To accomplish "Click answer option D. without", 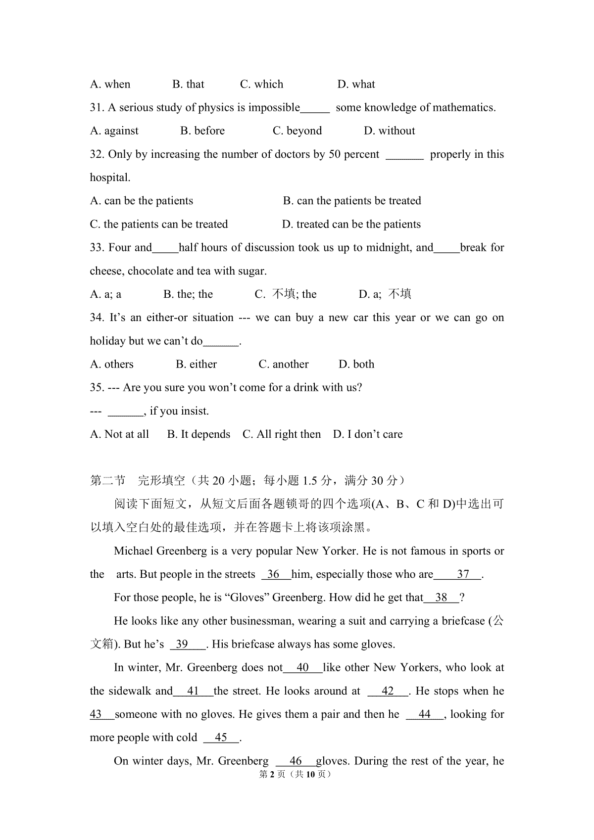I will [389, 131].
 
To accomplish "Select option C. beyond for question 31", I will [297, 131].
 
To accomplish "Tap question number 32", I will [97, 154].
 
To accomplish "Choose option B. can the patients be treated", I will [352, 201].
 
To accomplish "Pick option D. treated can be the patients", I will [351, 224].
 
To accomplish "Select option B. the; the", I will [188, 294].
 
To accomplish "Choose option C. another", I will [284, 365].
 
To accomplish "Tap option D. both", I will [356, 365].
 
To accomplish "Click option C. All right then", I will [282, 434].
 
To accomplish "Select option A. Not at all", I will [119, 434].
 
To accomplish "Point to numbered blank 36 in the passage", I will [273, 574].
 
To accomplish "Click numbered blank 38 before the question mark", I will [441, 598].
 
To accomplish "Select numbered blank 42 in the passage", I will [388, 691].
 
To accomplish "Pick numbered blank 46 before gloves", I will [296, 761].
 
